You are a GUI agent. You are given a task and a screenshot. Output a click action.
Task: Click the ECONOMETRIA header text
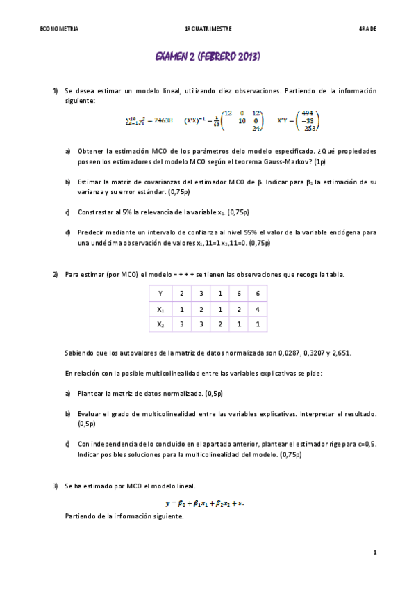tap(60, 29)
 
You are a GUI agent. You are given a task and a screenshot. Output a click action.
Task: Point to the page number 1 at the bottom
tap(374, 552)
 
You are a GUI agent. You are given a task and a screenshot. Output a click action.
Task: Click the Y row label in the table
tap(160, 294)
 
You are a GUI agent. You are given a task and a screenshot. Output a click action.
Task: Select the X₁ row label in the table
tap(160, 309)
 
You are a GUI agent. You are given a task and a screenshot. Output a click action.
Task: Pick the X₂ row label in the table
tap(160, 324)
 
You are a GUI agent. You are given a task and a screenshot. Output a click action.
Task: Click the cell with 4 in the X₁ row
tap(258, 309)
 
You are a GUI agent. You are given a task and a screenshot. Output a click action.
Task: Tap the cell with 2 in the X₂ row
tap(219, 324)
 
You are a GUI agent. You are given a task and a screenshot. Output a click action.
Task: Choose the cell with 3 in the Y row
tap(200, 294)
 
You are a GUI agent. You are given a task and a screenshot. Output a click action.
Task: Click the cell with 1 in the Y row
tap(219, 294)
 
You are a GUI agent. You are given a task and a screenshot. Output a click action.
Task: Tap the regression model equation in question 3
tap(205, 502)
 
